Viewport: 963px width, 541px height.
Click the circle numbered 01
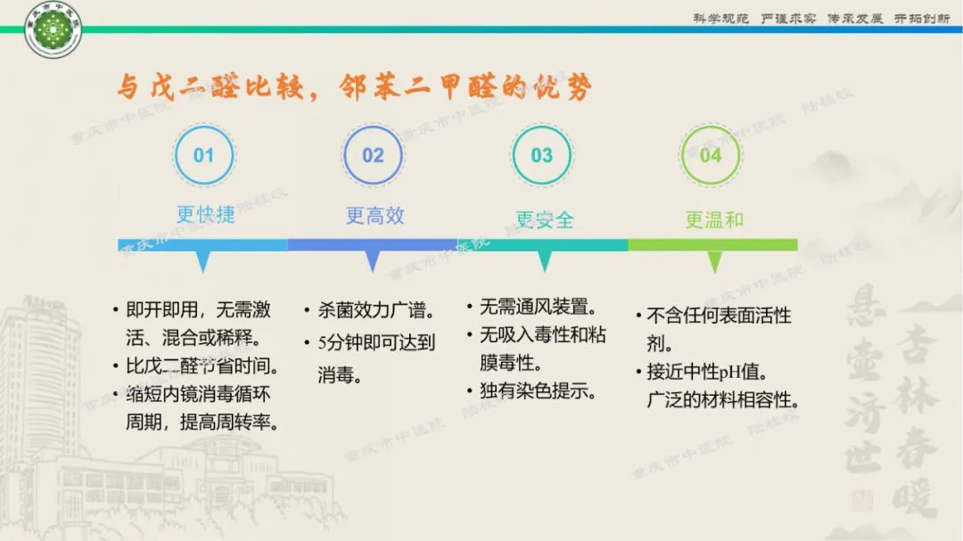point(204,156)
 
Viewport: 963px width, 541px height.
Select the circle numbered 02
point(373,156)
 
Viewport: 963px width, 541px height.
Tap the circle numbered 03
point(541,156)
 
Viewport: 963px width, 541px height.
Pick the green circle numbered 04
point(711,156)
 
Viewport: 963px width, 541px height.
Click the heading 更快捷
point(205,215)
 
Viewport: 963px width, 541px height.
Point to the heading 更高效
point(374,216)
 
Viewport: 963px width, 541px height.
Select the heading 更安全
point(544,219)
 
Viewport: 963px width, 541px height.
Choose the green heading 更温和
point(713,219)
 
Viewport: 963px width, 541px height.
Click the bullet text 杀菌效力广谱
point(375,311)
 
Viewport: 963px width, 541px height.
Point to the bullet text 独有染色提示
point(538,390)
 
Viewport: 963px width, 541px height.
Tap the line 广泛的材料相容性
point(723,400)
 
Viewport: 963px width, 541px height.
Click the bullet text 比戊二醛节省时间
point(202,365)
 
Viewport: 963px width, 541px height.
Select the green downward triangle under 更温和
point(713,261)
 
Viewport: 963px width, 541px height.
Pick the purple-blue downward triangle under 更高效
point(373,261)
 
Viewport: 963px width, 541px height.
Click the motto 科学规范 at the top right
point(721,19)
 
